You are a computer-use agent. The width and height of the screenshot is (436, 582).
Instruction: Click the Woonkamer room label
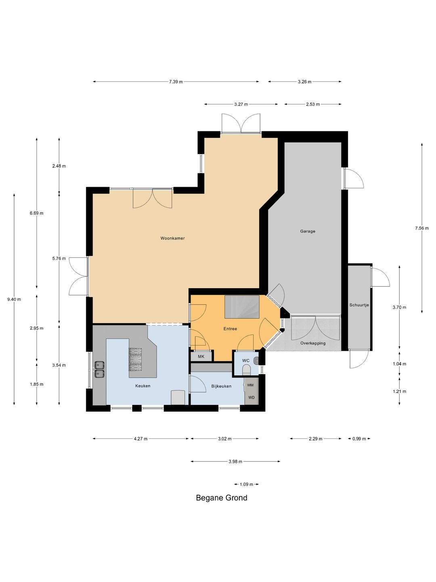172,238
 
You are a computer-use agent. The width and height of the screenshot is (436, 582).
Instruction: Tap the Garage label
308,231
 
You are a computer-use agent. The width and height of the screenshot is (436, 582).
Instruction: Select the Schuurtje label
359,305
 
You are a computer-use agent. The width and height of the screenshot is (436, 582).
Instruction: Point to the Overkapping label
312,343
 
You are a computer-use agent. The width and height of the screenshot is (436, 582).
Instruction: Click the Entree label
230,329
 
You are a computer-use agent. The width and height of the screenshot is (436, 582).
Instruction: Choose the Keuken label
143,386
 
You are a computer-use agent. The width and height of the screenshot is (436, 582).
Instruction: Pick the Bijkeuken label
221,386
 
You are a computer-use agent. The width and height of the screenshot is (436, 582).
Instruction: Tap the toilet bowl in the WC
246,370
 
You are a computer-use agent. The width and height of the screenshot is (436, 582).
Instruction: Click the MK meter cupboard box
201,356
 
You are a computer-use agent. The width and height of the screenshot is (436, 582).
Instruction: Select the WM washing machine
251,385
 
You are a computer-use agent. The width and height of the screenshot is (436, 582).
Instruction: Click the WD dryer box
251,397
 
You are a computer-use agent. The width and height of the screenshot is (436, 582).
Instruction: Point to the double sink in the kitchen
99,369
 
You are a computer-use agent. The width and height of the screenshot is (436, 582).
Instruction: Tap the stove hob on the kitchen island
135,360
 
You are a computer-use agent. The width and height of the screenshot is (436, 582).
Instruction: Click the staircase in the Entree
242,307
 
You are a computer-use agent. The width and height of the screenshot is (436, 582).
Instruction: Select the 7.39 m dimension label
176,82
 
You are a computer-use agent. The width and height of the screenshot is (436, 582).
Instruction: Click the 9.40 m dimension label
14,299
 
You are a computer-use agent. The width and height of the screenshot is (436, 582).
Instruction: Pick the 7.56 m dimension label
422,228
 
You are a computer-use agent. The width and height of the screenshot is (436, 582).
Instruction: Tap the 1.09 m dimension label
246,485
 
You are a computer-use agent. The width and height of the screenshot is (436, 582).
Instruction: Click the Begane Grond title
222,498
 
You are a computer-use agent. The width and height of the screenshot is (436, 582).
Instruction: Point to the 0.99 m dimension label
359,439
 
